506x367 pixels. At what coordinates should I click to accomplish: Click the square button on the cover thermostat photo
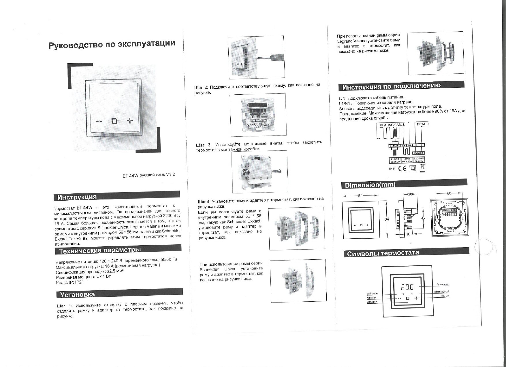point(114,121)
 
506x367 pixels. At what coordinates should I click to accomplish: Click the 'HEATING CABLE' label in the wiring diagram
point(392,125)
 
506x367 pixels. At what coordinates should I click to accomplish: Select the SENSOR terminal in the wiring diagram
point(394,146)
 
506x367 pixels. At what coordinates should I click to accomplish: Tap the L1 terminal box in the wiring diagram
point(404,146)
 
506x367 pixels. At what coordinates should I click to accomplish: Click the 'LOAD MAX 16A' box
point(407,160)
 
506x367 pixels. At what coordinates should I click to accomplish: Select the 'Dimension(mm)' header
point(370,185)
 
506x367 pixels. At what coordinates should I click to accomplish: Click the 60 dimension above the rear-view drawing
point(449,193)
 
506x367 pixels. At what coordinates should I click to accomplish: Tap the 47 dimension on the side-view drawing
point(423,218)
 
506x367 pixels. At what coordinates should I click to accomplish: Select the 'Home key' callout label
point(372,302)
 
